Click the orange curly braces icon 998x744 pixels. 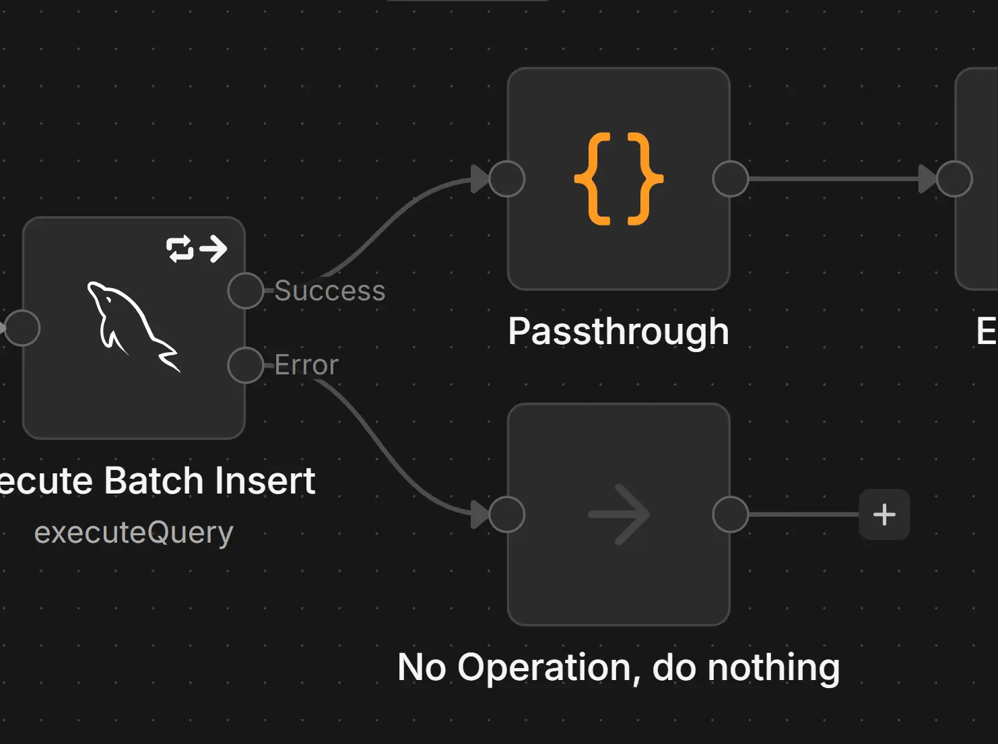[x=618, y=179]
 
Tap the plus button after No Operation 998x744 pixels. [x=884, y=515]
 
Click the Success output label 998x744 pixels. [x=329, y=291]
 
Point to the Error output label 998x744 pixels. [x=306, y=365]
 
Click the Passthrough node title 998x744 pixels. [x=618, y=331]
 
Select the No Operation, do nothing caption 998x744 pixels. [x=618, y=667]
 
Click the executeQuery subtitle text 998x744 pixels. [x=133, y=533]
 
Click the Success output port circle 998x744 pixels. [x=245, y=291]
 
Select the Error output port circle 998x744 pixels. [x=245, y=365]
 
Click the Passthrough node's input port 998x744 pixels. [x=507, y=179]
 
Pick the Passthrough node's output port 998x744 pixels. [x=731, y=179]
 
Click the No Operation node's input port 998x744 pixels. [x=507, y=515]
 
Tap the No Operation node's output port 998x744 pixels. [x=731, y=515]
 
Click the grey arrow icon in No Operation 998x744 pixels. [x=618, y=515]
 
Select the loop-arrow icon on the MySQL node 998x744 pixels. [x=197, y=248]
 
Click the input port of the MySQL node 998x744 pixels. [x=22, y=328]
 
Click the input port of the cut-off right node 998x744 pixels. [x=955, y=179]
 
